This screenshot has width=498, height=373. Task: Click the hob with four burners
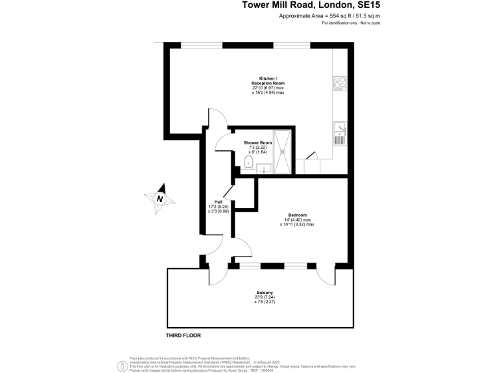(x=340, y=83)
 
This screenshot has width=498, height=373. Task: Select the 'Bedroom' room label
(x=297, y=215)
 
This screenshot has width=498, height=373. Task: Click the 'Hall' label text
(x=219, y=201)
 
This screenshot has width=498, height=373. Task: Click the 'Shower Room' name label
(x=257, y=142)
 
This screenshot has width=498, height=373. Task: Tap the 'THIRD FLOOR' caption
(x=184, y=335)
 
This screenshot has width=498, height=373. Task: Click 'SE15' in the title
(x=367, y=5)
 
